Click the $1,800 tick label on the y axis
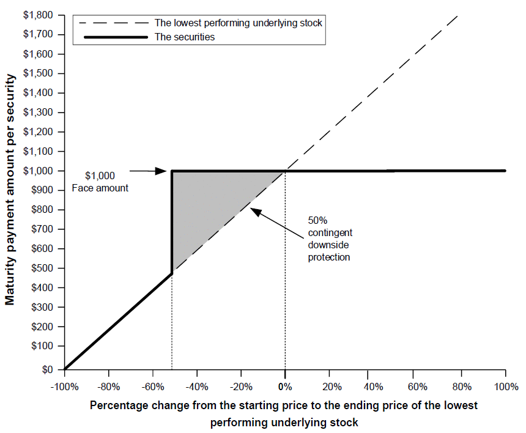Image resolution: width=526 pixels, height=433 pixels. tap(38, 15)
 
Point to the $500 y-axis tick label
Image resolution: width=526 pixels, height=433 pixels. tap(42, 268)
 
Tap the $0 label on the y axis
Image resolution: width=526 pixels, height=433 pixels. tap(47, 369)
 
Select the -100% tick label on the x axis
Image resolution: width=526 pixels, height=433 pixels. tap(64, 387)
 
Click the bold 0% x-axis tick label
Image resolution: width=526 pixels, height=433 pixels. tap(285, 387)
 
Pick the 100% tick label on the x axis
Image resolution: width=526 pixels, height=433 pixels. tap(506, 387)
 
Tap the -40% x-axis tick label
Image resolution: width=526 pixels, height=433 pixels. tap(197, 387)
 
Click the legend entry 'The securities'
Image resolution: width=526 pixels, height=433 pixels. tap(185, 37)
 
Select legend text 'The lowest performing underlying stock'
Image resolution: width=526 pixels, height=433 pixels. tap(238, 23)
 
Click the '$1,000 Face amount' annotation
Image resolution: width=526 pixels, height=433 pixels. tap(100, 182)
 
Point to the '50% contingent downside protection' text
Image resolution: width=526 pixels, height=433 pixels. tap(330, 239)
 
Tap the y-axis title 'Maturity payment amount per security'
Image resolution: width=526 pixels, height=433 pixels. tap(10, 190)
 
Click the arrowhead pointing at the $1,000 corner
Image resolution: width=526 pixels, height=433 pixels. tap(161, 171)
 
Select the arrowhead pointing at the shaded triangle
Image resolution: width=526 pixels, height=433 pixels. tap(256, 212)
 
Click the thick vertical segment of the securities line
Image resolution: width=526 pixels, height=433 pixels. tap(172, 223)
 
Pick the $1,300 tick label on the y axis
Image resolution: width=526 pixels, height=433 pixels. tap(38, 113)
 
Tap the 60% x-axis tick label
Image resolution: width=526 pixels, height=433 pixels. tap(418, 387)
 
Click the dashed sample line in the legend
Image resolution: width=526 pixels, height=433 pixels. tap(113, 23)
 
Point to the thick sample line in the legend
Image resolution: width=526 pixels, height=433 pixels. tap(116, 37)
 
